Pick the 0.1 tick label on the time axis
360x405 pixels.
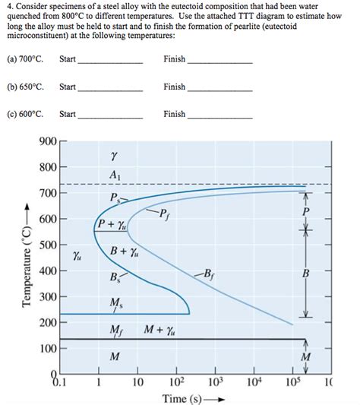pyautogui.click(x=60, y=381)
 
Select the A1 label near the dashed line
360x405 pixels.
pyautogui.click(x=114, y=174)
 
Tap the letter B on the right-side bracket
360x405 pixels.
pyautogui.click(x=306, y=274)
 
